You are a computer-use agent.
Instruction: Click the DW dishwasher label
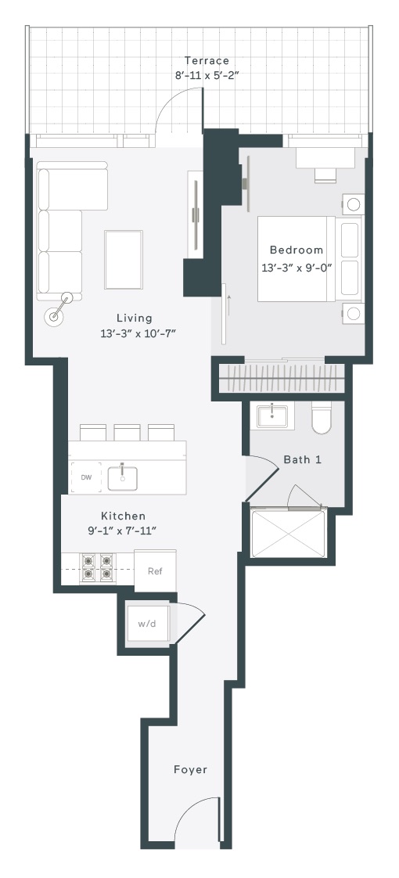(x=86, y=477)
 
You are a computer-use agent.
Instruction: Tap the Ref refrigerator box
(x=155, y=570)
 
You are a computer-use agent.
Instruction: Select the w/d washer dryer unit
(x=146, y=624)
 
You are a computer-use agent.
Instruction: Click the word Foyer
(x=190, y=769)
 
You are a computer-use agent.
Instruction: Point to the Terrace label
(x=207, y=60)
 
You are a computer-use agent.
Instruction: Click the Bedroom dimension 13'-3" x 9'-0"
(x=297, y=268)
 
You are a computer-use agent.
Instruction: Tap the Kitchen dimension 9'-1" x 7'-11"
(x=121, y=531)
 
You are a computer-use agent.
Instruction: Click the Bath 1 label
(x=303, y=459)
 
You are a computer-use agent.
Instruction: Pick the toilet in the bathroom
(x=322, y=418)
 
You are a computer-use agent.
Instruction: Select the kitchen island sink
(x=123, y=477)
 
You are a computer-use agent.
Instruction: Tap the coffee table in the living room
(x=123, y=260)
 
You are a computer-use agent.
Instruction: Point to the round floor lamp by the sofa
(x=55, y=316)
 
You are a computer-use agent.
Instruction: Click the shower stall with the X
(x=289, y=532)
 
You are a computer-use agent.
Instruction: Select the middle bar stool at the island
(x=127, y=432)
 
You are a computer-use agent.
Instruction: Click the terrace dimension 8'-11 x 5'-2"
(x=207, y=75)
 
